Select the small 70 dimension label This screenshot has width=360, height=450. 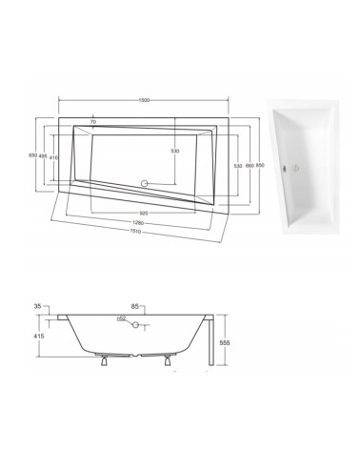click(93, 122)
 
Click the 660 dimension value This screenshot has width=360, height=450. click(249, 165)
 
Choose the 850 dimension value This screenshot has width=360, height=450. click(261, 165)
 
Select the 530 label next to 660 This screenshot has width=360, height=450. click(237, 165)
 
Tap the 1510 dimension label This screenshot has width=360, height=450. click(138, 235)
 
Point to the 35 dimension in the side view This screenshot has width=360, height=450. click(37, 306)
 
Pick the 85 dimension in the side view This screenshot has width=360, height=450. click(136, 306)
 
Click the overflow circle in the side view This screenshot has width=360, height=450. click(136, 326)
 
